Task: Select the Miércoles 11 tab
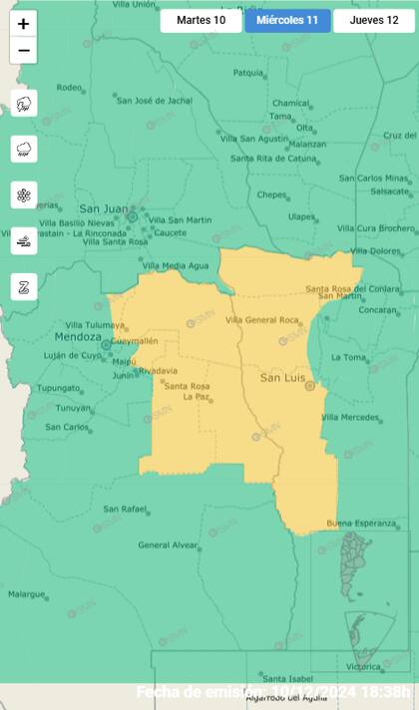287,20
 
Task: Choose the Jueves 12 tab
373,20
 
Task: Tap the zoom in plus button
23,24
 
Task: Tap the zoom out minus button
23,50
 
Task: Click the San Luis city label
280,378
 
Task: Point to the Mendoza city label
72,337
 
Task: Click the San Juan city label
103,208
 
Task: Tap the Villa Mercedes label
352,417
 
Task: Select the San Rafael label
125,509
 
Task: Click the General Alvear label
168,544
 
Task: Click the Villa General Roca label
262,319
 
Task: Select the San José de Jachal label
154,100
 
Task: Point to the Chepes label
271,194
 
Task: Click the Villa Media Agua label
176,265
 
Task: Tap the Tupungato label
59,388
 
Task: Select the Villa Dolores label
372,250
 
